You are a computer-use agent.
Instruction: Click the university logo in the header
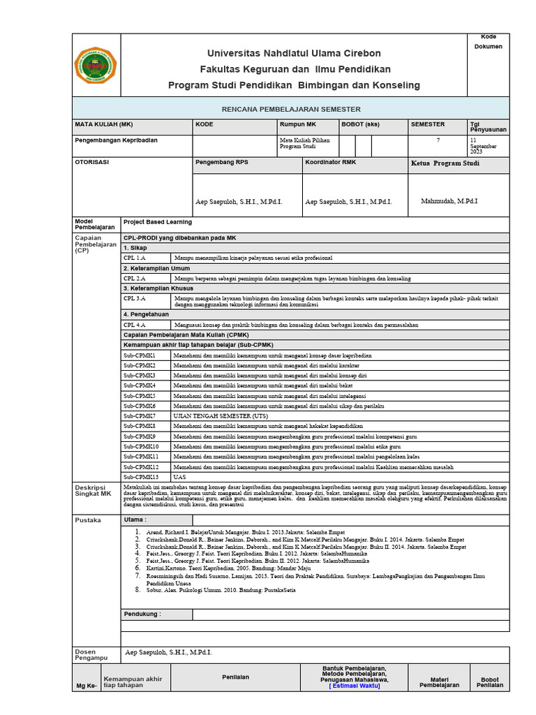[97, 65]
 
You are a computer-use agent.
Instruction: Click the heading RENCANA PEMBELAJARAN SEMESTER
[291, 110]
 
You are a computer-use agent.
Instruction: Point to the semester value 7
[438, 140]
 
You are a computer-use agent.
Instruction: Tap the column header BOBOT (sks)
[360, 124]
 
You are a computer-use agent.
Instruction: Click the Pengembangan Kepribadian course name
[116, 140]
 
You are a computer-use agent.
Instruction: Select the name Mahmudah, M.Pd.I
[449, 201]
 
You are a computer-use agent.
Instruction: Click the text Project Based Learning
[157, 222]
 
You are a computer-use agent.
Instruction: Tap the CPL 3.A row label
[135, 298]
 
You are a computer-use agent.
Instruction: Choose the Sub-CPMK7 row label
[140, 415]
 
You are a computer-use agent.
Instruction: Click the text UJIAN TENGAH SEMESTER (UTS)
[221, 415]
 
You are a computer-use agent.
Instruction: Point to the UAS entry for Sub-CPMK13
[180, 476]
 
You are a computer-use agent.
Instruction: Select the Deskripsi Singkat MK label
[94, 489]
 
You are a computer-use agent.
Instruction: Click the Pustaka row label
[88, 520]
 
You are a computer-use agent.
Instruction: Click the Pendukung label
[142, 614]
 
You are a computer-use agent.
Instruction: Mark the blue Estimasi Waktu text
[355, 686]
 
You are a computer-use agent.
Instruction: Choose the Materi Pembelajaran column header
[439, 681]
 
